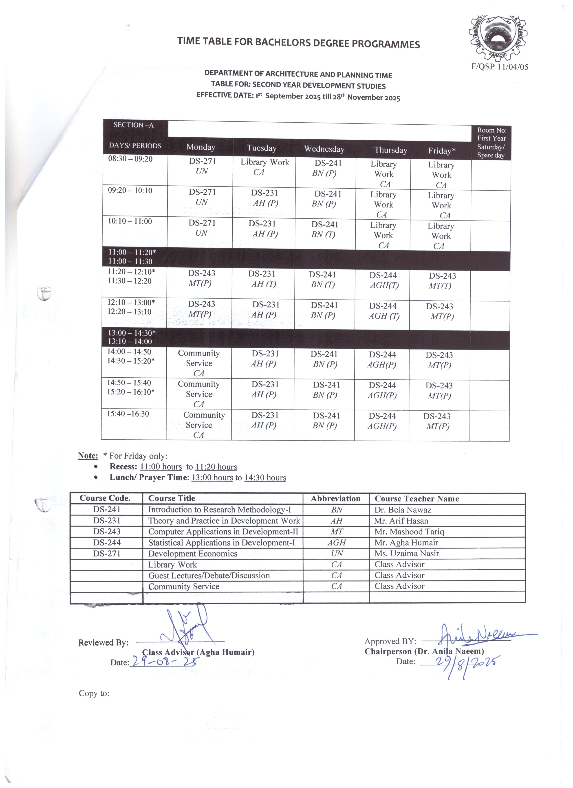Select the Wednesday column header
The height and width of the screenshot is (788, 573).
324,149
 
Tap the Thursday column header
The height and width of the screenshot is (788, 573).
391,150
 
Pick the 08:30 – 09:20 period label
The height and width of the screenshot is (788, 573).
130,159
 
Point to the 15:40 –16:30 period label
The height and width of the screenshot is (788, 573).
128,414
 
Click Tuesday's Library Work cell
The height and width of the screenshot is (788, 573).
264,167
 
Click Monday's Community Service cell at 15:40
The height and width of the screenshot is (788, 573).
202,425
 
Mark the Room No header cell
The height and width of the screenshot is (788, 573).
491,143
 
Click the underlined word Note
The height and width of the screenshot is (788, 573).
88,456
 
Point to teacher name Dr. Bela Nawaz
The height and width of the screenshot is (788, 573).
403,510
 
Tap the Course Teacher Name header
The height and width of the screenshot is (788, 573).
417,499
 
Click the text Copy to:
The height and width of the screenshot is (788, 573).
94,693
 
